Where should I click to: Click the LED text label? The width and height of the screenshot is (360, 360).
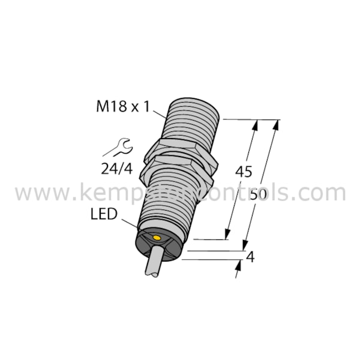104,214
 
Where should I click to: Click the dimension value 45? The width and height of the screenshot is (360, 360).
243,172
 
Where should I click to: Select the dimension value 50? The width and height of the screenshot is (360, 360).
259,194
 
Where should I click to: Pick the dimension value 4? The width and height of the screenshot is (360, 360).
251,259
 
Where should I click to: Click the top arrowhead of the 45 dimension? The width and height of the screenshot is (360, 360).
256,125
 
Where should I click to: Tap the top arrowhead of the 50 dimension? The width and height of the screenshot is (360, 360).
277,125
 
